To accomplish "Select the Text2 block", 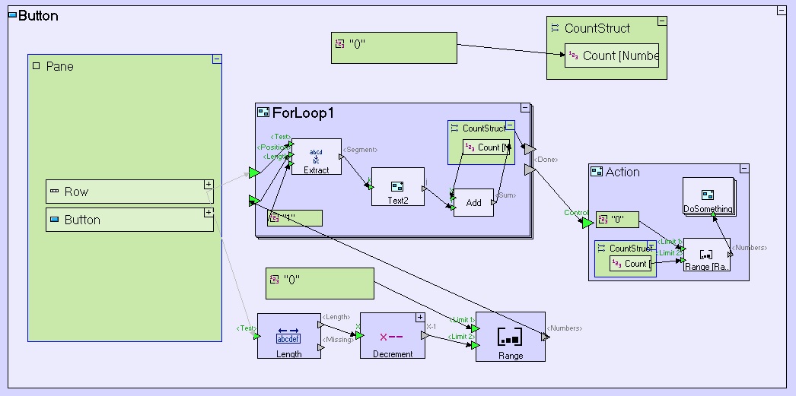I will click(397, 186).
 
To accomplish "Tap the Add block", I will click(473, 202).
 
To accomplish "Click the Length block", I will click(288, 336).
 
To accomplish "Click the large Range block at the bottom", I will click(510, 337).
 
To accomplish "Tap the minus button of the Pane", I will click(217, 59).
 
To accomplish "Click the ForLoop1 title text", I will click(303, 113).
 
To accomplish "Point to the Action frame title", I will click(622, 172).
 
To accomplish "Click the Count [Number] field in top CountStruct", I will click(612, 55).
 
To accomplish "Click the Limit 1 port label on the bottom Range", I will click(463, 320).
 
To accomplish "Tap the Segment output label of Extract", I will click(361, 150).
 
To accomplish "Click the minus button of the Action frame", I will click(744, 168).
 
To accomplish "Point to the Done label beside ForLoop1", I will click(546, 160).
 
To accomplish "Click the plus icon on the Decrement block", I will click(419, 317).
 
